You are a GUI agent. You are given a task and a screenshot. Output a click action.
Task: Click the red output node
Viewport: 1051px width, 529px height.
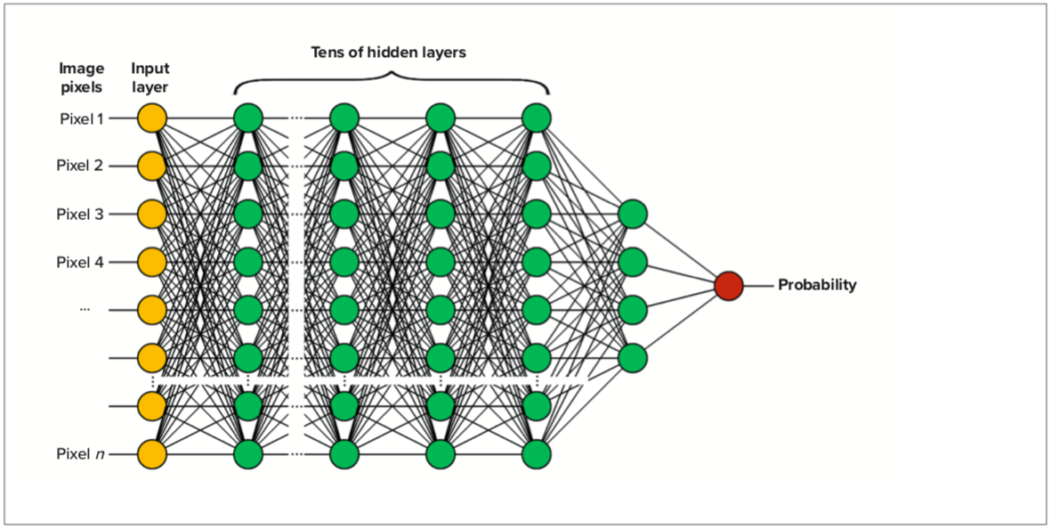click(x=728, y=286)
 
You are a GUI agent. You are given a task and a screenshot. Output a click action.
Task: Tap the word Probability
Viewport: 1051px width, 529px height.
click(x=817, y=285)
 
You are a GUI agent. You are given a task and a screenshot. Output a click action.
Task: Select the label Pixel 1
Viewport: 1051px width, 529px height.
click(x=80, y=118)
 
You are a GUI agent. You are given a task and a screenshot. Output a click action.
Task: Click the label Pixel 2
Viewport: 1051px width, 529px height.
click(x=80, y=166)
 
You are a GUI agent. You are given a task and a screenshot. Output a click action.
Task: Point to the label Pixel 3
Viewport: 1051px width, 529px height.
click(x=80, y=214)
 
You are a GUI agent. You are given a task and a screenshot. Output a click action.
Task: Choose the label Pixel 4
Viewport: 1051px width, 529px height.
click(x=80, y=262)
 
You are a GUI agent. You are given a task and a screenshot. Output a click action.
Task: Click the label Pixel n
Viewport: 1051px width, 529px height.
click(x=80, y=454)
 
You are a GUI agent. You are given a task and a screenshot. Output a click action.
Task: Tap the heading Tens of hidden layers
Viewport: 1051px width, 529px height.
click(x=388, y=53)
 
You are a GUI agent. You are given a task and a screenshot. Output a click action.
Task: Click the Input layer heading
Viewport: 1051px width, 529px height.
click(x=151, y=77)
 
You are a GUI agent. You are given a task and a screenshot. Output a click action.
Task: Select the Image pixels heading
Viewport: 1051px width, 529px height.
click(x=82, y=77)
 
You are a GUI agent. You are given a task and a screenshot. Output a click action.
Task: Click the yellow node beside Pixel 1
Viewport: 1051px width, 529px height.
click(x=152, y=118)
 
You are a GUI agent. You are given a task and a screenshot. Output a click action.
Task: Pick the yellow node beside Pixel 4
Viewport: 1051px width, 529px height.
click(x=152, y=262)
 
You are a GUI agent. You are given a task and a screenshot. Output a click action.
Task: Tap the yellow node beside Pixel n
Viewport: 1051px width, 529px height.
click(x=152, y=454)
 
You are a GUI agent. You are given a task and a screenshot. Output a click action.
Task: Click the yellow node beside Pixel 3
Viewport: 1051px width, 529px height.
click(x=152, y=214)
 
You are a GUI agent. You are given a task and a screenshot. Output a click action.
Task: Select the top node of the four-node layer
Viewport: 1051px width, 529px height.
click(x=633, y=215)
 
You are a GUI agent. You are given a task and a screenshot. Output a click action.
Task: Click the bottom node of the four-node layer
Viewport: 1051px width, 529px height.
click(x=633, y=358)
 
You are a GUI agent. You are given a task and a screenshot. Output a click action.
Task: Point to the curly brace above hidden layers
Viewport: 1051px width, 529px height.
click(x=392, y=79)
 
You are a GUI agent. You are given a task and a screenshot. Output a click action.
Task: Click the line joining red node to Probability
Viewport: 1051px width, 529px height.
click(x=757, y=286)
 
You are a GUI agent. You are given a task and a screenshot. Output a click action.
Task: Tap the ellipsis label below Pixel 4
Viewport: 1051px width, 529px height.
click(x=85, y=309)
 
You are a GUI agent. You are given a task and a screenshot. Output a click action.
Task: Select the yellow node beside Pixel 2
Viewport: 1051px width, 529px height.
click(x=152, y=166)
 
